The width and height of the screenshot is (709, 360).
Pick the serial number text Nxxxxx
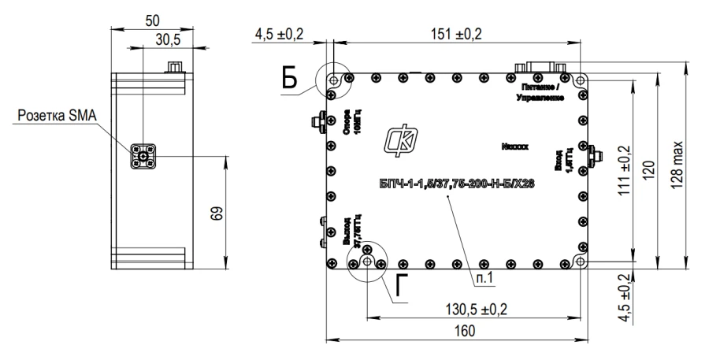(x=518, y=147)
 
